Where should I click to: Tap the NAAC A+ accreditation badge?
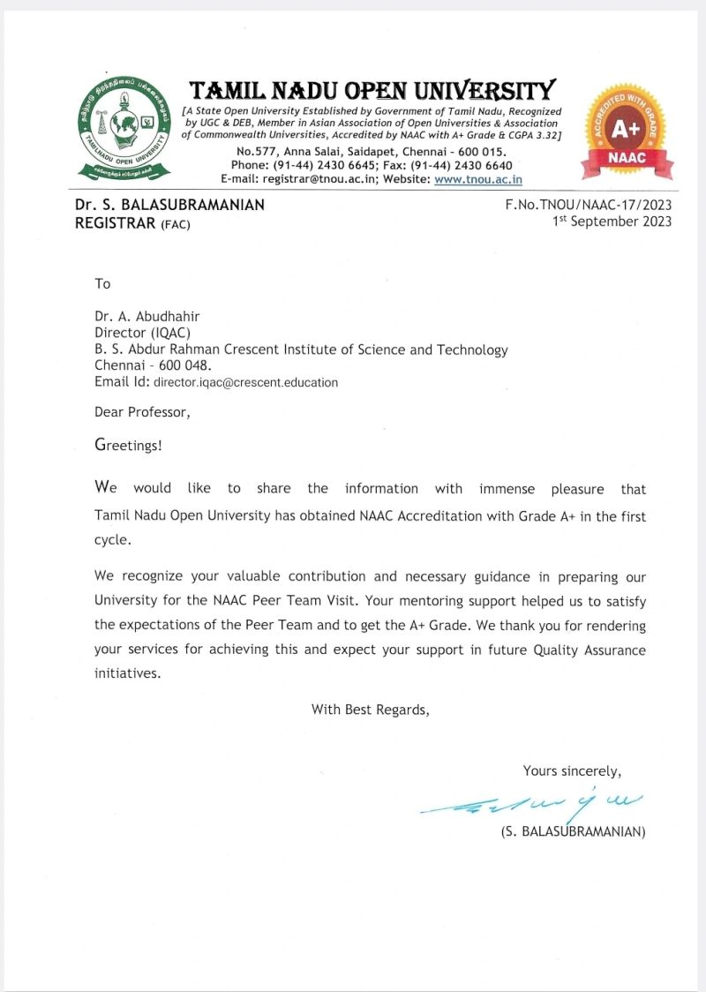click(626, 132)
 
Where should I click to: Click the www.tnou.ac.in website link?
click(478, 179)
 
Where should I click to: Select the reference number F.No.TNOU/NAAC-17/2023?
click(588, 205)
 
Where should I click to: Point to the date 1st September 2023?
click(612, 221)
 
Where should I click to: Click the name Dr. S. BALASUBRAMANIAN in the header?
click(169, 205)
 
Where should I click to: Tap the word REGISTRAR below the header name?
click(115, 223)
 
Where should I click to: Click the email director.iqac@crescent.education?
click(245, 383)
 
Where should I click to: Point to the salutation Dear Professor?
click(142, 412)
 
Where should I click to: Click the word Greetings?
click(128, 445)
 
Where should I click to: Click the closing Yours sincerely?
click(572, 771)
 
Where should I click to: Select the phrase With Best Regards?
click(370, 709)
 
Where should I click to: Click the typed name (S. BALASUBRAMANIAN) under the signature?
click(573, 831)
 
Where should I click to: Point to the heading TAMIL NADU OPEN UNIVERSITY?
click(373, 90)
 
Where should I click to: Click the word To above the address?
click(102, 283)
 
